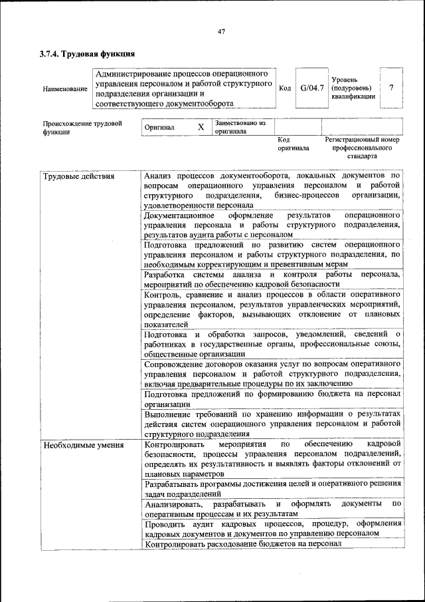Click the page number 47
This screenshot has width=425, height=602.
coord(221,31)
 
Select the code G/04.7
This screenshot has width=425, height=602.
coord(311,88)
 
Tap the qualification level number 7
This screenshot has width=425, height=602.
coord(392,87)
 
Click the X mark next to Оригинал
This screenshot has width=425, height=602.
coord(201,126)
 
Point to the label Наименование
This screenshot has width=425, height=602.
coord(64,88)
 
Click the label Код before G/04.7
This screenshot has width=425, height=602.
coord(285,88)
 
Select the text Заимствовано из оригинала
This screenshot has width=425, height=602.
coord(240,127)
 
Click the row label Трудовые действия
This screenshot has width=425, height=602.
coord(78,176)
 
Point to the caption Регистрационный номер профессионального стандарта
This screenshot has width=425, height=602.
coord(362,148)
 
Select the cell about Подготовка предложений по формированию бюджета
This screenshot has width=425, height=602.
coord(272,398)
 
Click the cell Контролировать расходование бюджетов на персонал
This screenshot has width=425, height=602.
coord(242,544)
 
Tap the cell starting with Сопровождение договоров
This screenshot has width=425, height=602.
coord(272,374)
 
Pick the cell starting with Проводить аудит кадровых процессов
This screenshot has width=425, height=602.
coord(272,528)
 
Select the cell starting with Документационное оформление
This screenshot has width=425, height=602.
coord(272,225)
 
